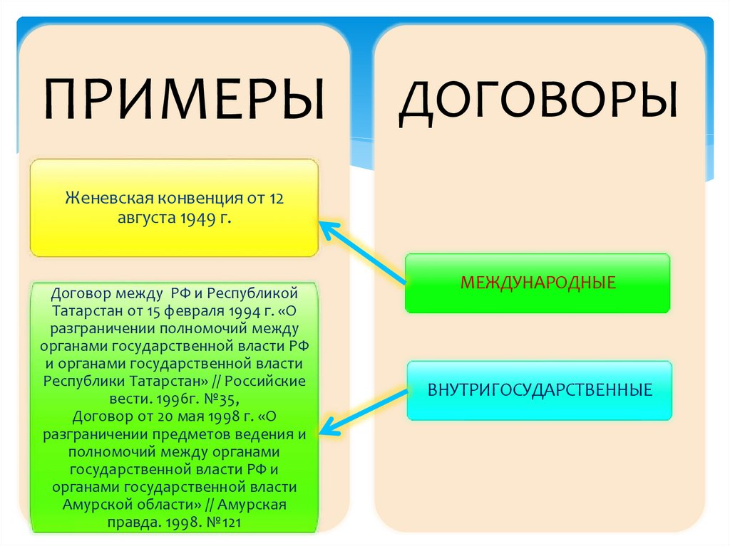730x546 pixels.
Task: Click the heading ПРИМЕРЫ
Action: coord(183,99)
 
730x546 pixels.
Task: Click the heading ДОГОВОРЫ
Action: coord(538,100)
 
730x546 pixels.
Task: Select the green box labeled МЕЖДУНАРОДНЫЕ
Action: coord(538,283)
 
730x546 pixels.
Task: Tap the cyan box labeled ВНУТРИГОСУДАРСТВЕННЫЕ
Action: coord(540,390)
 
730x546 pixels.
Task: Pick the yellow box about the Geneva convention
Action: coord(175,208)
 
